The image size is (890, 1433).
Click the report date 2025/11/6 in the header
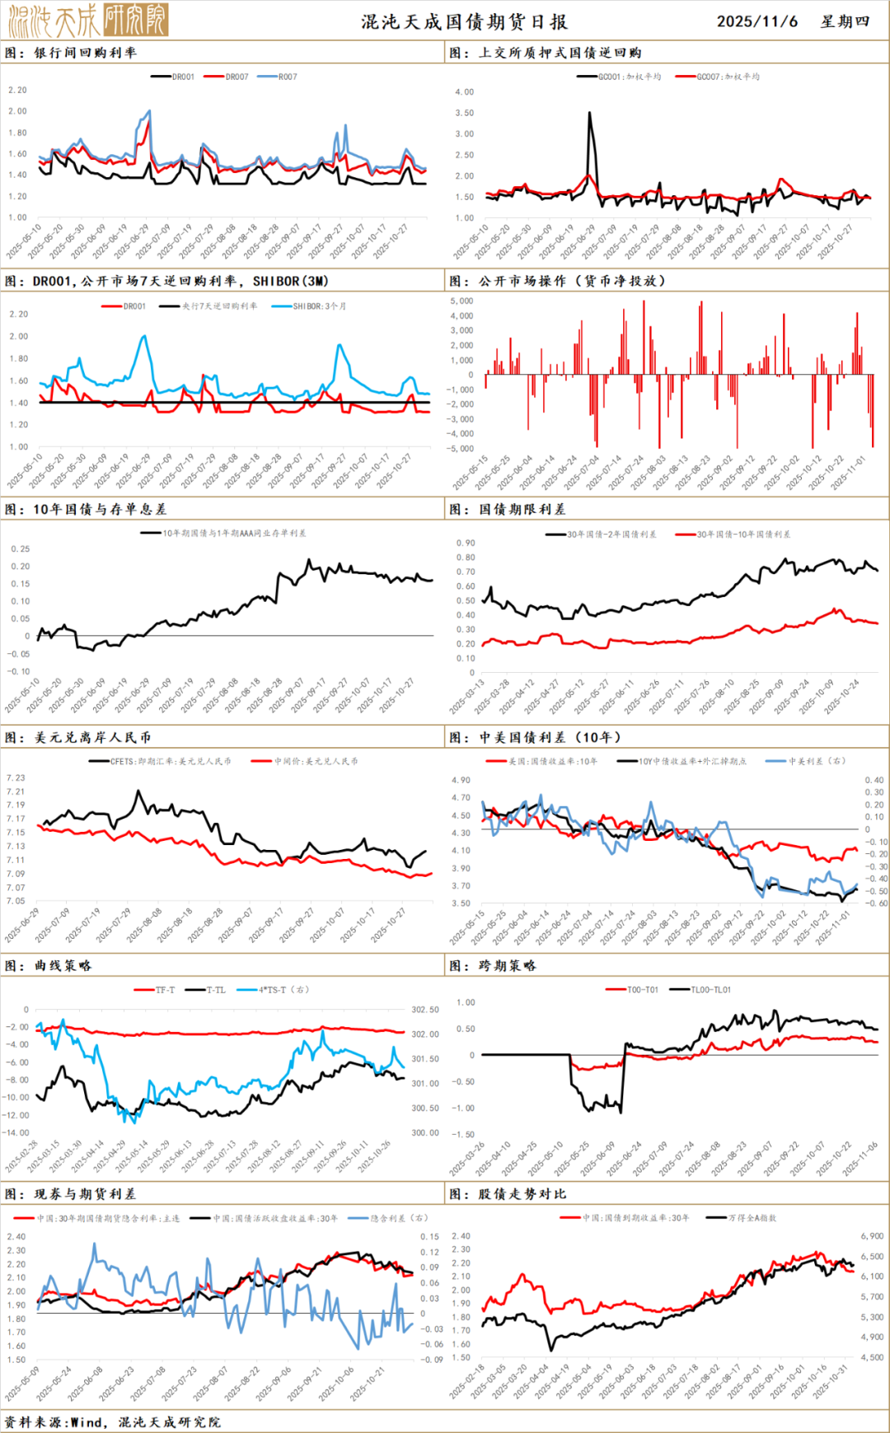(x=756, y=21)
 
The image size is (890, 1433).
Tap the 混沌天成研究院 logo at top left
(x=88, y=20)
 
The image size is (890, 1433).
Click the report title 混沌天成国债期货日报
(x=464, y=22)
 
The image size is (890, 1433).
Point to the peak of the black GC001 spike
(x=589, y=114)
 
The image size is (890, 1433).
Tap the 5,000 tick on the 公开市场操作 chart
(x=461, y=301)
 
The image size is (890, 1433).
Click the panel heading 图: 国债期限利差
(x=508, y=509)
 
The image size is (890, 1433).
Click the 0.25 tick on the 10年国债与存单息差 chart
(x=21, y=548)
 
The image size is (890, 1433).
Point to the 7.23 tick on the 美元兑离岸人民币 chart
(x=16, y=777)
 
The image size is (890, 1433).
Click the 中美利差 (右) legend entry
(x=816, y=761)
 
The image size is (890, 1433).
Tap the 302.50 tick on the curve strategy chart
(x=425, y=1010)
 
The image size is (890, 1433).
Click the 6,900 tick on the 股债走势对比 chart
(x=872, y=1236)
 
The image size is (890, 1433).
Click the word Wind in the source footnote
(x=87, y=1422)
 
